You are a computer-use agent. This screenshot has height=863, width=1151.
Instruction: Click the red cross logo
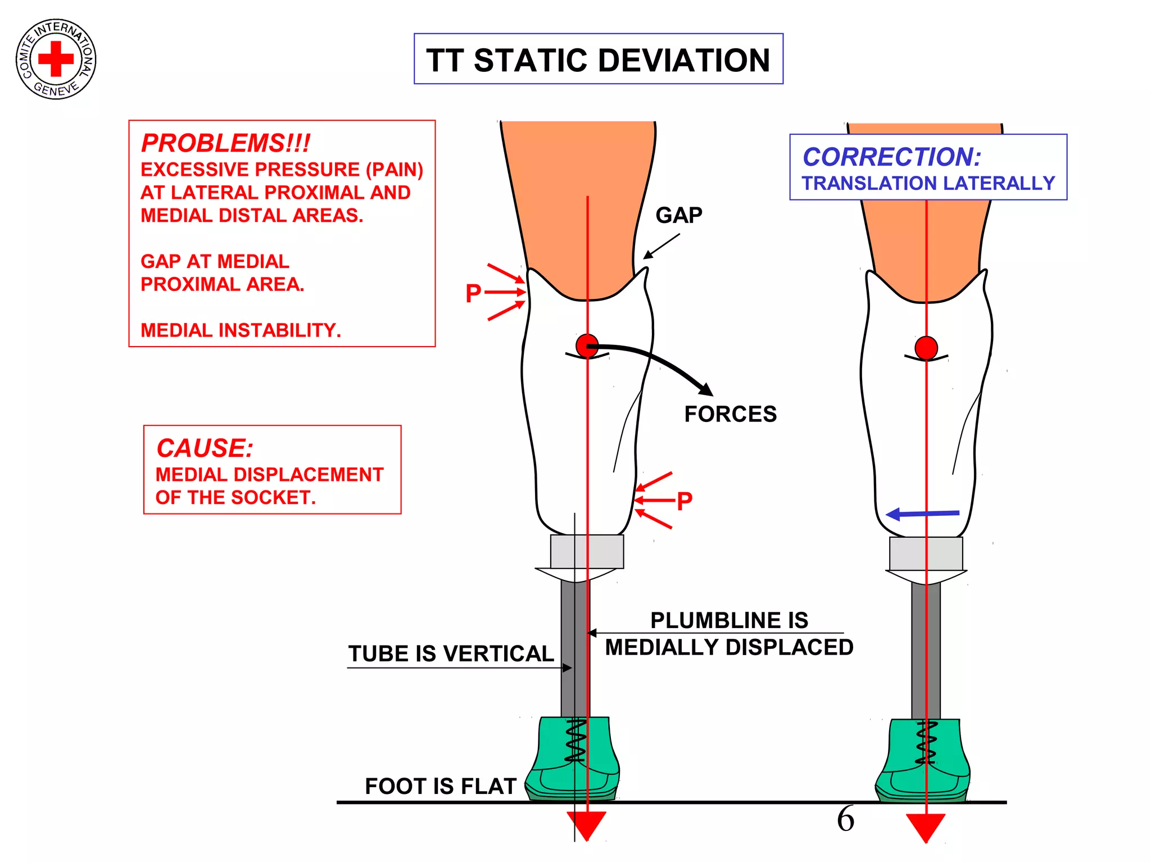click(56, 58)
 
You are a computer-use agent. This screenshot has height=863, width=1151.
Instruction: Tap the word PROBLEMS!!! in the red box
click(225, 143)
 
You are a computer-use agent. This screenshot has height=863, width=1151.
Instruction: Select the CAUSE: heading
click(205, 448)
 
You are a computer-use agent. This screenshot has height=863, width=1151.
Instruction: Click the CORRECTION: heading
click(891, 157)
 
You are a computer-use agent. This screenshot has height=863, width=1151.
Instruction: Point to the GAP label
click(679, 215)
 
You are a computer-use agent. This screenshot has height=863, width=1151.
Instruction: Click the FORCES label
click(730, 414)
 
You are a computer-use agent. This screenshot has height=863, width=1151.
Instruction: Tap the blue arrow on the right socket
click(922, 514)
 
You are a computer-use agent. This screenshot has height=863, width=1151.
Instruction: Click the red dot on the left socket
click(587, 346)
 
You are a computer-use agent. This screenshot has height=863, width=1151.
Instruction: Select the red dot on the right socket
click(926, 348)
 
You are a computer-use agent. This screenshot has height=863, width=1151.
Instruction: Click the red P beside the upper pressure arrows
click(473, 293)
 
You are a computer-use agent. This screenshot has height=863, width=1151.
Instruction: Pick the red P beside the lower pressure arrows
click(685, 501)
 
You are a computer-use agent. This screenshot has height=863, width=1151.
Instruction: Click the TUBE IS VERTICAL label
click(451, 653)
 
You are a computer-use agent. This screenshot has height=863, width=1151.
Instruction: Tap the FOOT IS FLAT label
click(441, 786)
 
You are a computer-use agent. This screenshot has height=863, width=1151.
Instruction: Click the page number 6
click(845, 819)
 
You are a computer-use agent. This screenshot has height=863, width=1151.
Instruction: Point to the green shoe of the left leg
click(573, 758)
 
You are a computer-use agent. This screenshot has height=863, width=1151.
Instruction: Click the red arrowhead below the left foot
click(586, 825)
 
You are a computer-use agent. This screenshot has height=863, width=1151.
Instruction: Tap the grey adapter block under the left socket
click(587, 551)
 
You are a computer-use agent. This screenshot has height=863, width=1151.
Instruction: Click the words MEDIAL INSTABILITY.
click(241, 330)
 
